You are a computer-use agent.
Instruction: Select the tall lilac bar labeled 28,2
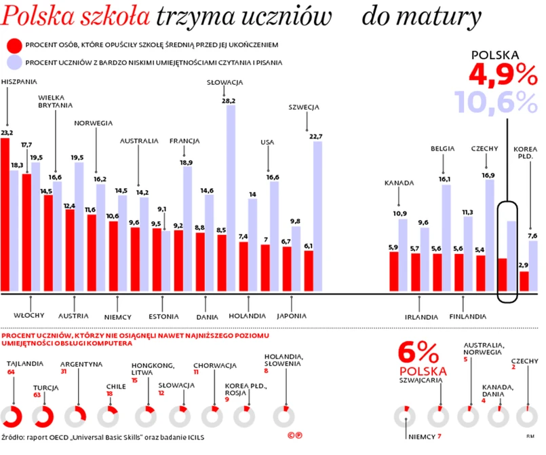[231, 197]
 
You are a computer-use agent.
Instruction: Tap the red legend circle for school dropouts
[12, 45]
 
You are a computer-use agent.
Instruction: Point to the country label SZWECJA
[303, 107]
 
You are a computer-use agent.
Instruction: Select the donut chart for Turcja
[44, 416]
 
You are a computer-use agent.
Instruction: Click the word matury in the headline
[448, 15]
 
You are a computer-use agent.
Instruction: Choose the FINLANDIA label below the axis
[467, 316]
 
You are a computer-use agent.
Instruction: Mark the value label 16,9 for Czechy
[488, 175]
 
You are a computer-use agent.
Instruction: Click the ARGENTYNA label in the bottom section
[81, 364]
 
